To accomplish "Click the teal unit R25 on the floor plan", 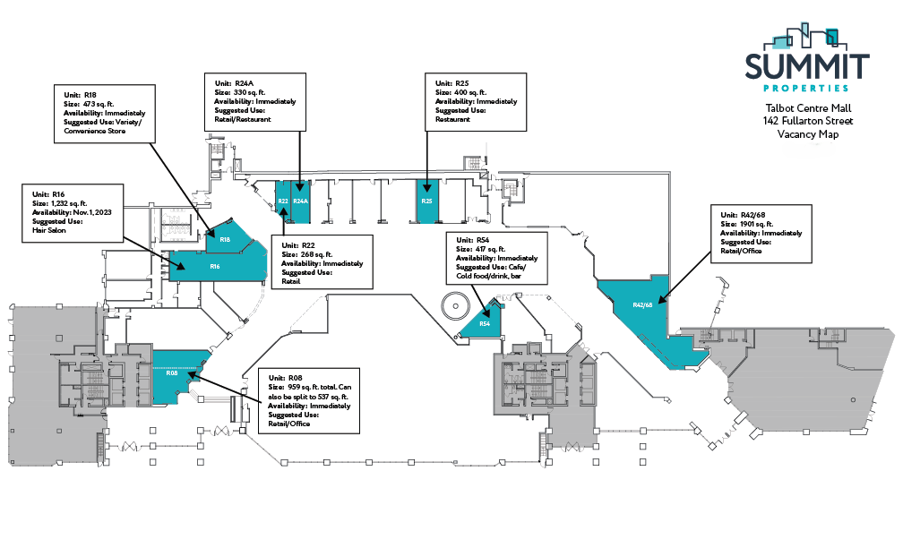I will [x=427, y=201].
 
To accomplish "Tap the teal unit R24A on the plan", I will [x=300, y=201].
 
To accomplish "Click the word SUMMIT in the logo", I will [x=808, y=66].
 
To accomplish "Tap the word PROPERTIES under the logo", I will [x=808, y=88].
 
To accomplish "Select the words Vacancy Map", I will [x=808, y=133].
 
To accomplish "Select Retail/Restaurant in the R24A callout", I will [x=244, y=120].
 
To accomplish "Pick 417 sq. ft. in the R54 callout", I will [x=490, y=249].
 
